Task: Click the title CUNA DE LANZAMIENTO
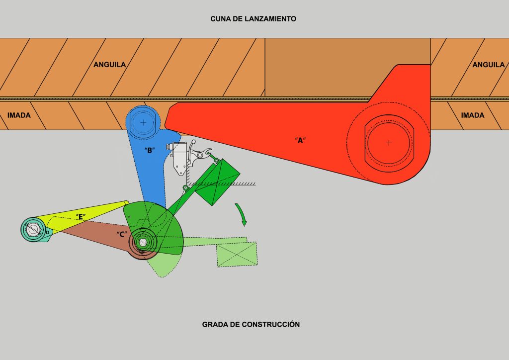click(x=254, y=19)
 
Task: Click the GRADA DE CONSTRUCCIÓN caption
click(x=251, y=324)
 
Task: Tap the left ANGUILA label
click(x=110, y=65)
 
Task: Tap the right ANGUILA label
click(x=489, y=65)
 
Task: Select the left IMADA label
click(x=19, y=115)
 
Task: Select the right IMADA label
click(x=473, y=115)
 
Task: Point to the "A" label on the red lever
click(x=300, y=140)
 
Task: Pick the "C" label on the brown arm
click(x=122, y=234)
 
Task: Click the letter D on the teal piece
click(x=47, y=232)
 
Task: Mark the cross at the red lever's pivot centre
click(x=389, y=143)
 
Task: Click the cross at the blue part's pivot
click(x=143, y=122)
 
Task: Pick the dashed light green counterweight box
click(x=237, y=254)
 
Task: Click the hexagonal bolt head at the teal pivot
click(x=33, y=229)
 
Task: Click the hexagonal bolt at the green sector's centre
click(x=143, y=242)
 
